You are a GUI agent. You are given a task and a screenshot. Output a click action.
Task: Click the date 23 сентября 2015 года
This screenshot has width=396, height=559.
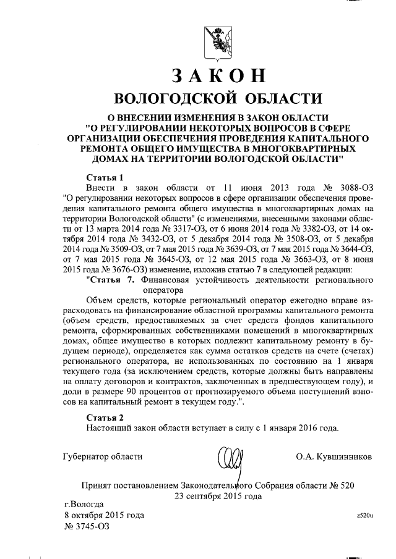(x=214, y=495)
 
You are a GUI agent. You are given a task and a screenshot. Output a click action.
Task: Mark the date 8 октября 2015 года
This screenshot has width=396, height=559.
(x=104, y=515)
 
